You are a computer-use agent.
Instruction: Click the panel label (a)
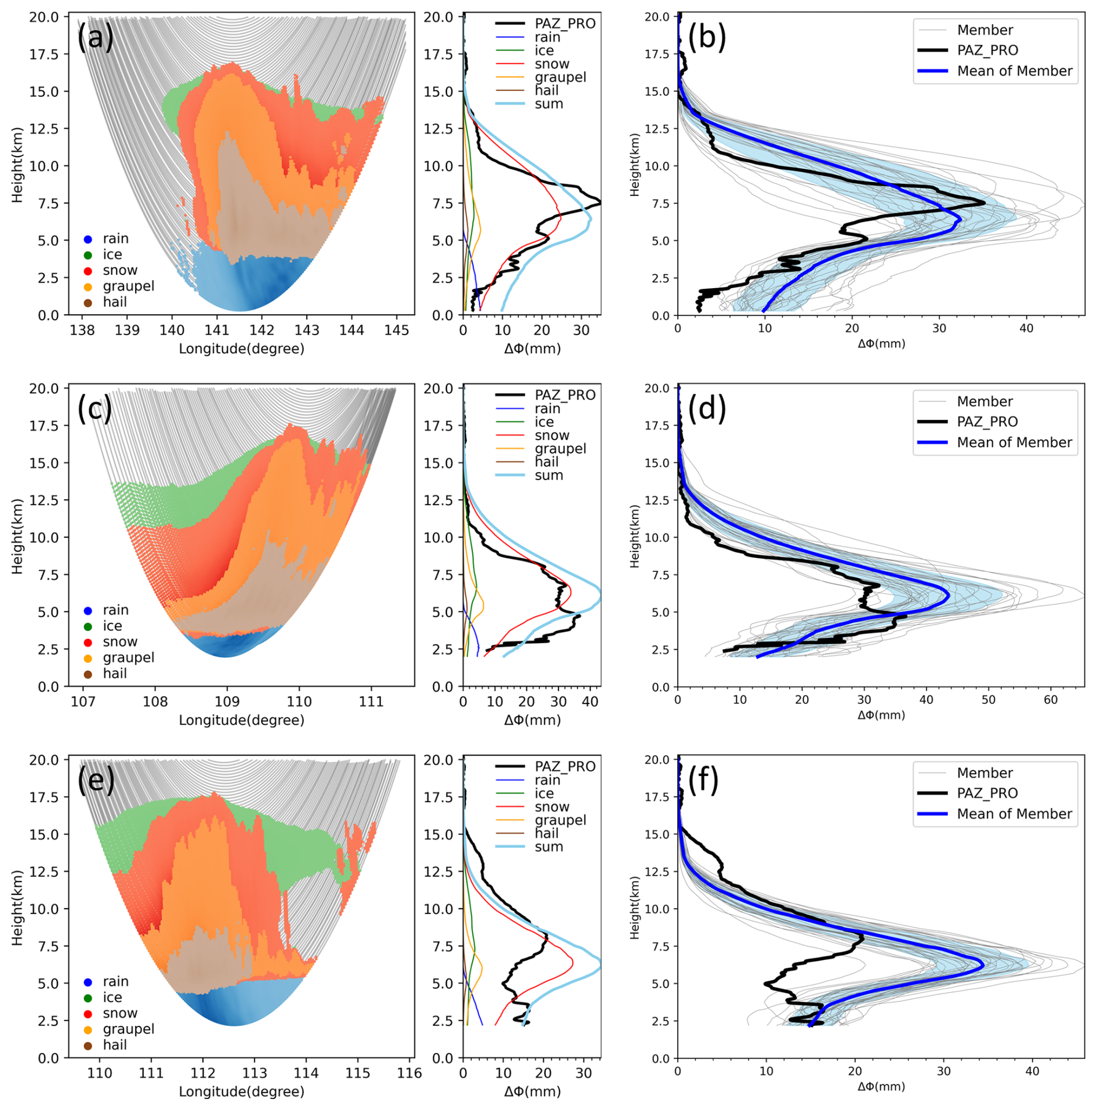(x=96, y=38)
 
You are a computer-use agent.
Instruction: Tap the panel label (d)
(x=707, y=409)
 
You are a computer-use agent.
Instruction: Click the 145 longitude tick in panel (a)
(x=397, y=331)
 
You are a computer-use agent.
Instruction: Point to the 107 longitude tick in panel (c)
(x=83, y=702)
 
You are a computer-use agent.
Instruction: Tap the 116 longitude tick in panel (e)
(x=409, y=1073)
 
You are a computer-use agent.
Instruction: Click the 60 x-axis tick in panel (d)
(x=1051, y=700)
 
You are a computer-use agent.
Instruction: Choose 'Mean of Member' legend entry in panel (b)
(x=1014, y=71)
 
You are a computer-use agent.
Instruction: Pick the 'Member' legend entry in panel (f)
(x=985, y=773)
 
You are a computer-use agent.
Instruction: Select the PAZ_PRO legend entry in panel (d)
(x=987, y=422)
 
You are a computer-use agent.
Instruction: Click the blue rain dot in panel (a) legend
(x=88, y=239)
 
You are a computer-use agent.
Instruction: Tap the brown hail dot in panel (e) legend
(x=88, y=1045)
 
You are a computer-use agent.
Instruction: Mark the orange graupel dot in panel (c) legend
(x=88, y=658)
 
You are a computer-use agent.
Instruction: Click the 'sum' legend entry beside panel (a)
(x=548, y=104)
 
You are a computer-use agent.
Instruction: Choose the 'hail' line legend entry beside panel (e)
(x=546, y=833)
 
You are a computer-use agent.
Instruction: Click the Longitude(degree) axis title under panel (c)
(x=241, y=720)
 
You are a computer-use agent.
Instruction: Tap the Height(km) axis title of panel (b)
(x=635, y=165)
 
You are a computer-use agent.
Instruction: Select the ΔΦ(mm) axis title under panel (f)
(x=881, y=1086)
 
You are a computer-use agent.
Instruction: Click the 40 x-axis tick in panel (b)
(x=1026, y=328)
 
